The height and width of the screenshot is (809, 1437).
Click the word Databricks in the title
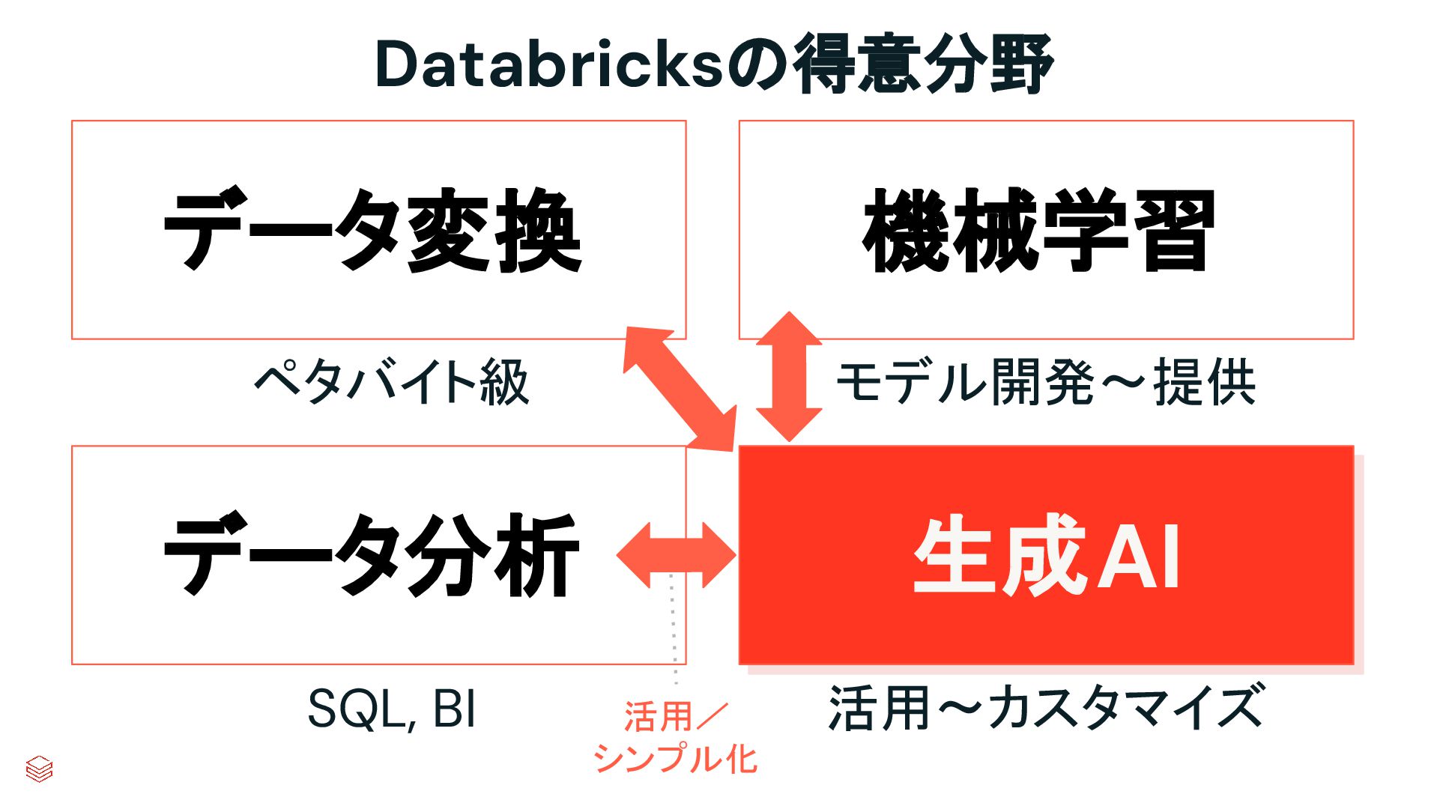pyautogui.click(x=549, y=64)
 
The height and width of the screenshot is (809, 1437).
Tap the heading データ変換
pyautogui.click(x=372, y=231)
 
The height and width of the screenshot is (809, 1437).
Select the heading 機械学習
pyautogui.click(x=1038, y=231)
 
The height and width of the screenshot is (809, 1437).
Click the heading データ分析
pyautogui.click(x=372, y=556)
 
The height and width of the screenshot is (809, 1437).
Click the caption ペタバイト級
pyautogui.click(x=392, y=383)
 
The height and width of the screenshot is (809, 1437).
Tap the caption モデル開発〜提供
pyautogui.click(x=1045, y=383)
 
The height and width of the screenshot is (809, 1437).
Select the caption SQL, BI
pyautogui.click(x=392, y=709)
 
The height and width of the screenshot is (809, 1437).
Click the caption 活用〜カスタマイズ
pyautogui.click(x=1045, y=709)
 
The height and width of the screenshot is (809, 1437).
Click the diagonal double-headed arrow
pyautogui.click(x=680, y=389)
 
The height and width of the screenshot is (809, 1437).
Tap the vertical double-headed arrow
pyautogui.click(x=789, y=377)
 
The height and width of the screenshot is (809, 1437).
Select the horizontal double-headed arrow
pyautogui.click(x=676, y=555)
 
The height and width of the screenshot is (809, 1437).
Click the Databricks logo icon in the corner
pyautogui.click(x=39, y=769)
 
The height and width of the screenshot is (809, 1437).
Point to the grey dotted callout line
pyautogui.click(x=674, y=629)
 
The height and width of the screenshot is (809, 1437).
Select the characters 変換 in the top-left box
pyautogui.click(x=494, y=231)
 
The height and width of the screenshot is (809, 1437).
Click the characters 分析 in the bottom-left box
pyautogui.click(x=493, y=556)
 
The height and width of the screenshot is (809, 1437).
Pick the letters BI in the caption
pyautogui.click(x=454, y=709)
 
